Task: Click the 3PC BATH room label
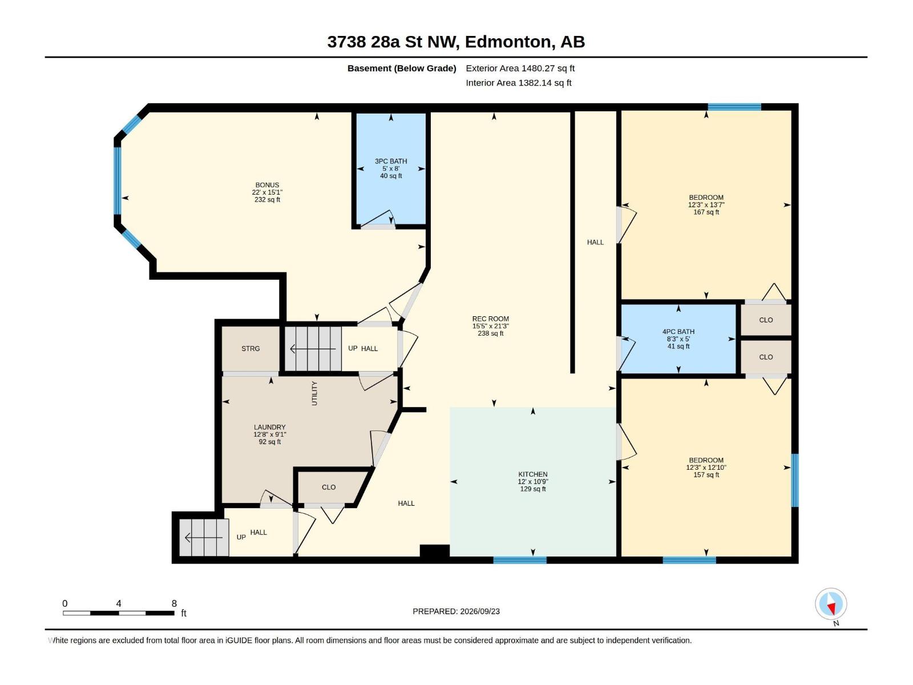pyautogui.click(x=390, y=161)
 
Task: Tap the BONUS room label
pyautogui.click(x=267, y=184)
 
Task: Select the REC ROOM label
pyautogui.click(x=490, y=319)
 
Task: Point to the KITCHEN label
pyautogui.click(x=533, y=474)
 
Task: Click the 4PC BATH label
pyautogui.click(x=678, y=332)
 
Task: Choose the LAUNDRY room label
pyautogui.click(x=269, y=427)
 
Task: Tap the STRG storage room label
pyautogui.click(x=251, y=349)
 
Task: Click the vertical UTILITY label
pyautogui.click(x=314, y=393)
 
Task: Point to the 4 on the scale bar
pyautogui.click(x=119, y=603)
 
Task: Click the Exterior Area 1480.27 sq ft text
pyautogui.click(x=520, y=68)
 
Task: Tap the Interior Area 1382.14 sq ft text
pyautogui.click(x=518, y=83)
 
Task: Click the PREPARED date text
pyautogui.click(x=457, y=611)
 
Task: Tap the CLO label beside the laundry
pyautogui.click(x=329, y=487)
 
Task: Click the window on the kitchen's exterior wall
pyautogui.click(x=520, y=560)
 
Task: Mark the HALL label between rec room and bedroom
pyautogui.click(x=595, y=242)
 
